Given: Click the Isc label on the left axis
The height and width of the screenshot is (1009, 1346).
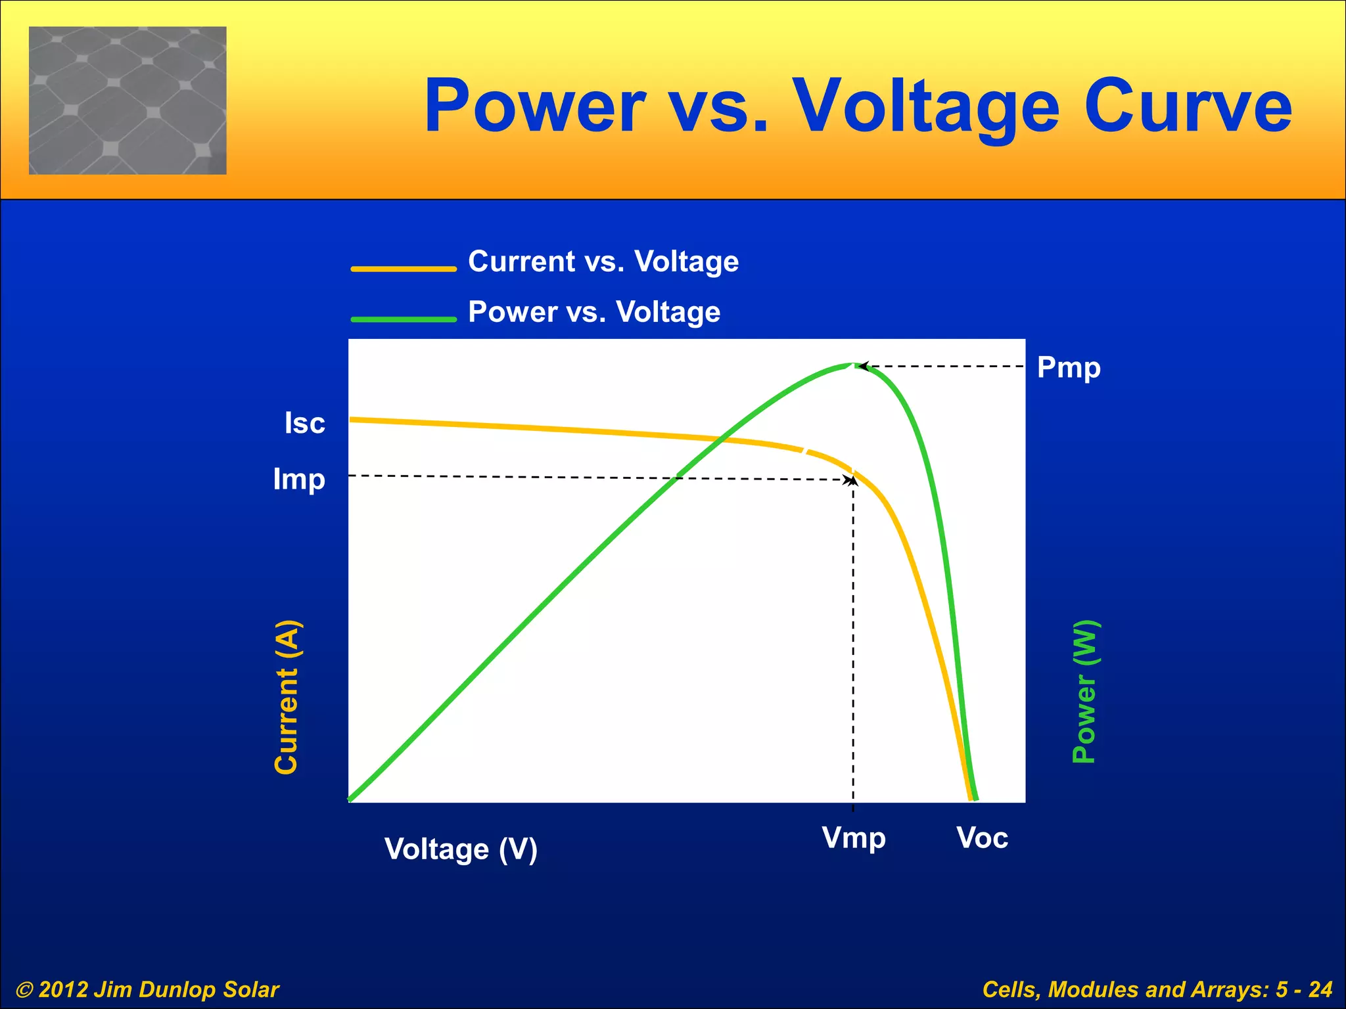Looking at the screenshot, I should tap(304, 423).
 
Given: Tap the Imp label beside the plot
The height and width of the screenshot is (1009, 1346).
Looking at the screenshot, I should tap(299, 480).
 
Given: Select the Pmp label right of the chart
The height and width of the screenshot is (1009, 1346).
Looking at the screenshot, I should tap(1069, 367).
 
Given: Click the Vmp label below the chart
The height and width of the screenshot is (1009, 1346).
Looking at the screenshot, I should tap(854, 838).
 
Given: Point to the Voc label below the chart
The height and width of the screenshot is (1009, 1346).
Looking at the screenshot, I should tap(982, 838).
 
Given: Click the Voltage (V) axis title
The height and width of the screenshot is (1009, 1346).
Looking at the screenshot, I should tap(461, 849).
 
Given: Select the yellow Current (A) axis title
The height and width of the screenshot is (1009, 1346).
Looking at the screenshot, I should tap(287, 696).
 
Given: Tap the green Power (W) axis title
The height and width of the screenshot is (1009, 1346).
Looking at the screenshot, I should tap(1084, 691).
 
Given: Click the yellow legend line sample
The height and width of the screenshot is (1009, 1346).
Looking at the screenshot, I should tap(404, 269).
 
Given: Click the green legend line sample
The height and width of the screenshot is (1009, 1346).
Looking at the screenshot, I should tap(404, 319).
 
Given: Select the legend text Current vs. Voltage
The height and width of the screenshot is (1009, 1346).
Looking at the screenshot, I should tap(603, 261).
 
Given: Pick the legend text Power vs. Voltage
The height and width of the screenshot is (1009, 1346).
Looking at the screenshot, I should tap(594, 312).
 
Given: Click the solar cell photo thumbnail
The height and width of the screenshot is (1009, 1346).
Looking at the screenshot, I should tap(128, 101).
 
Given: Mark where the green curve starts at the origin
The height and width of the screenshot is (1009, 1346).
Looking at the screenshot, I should tap(351, 799).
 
